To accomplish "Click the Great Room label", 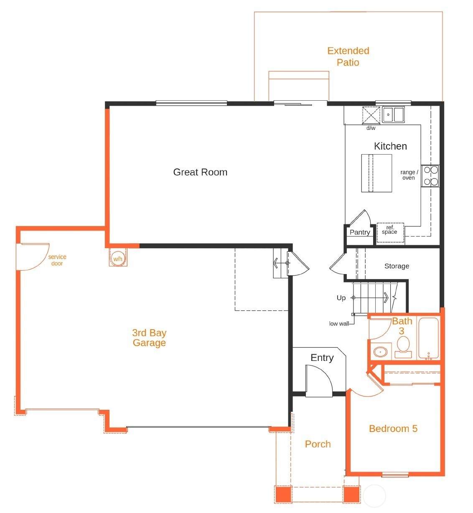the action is [x=200, y=172].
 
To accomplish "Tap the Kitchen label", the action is [x=390, y=146].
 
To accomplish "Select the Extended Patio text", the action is [x=348, y=56].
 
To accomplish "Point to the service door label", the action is [x=57, y=260].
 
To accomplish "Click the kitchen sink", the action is [x=393, y=114].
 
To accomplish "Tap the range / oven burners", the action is [x=431, y=176].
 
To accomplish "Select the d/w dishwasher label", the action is [x=371, y=128].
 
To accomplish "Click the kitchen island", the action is [x=376, y=173].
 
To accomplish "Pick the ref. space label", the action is [x=389, y=230].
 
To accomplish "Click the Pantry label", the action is [x=360, y=232].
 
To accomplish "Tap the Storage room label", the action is [x=397, y=266].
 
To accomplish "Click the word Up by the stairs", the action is [x=341, y=298].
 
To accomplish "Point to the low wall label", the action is [x=339, y=324].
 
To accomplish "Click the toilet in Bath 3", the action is [x=403, y=347].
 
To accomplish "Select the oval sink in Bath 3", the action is [x=380, y=352].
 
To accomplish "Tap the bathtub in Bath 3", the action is [x=429, y=338].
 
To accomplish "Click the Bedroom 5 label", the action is [x=393, y=429].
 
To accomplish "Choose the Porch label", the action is [x=318, y=444].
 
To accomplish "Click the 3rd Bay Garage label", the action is [x=149, y=338].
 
